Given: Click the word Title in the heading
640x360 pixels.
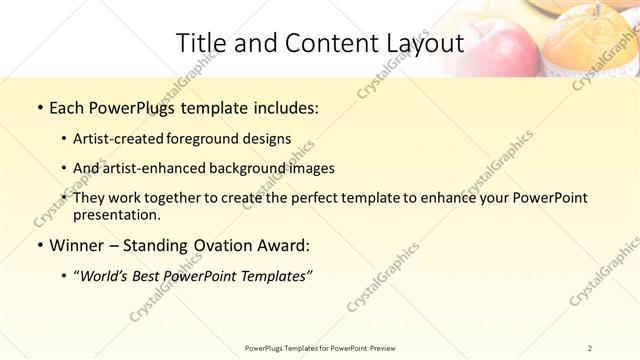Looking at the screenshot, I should pos(200,43).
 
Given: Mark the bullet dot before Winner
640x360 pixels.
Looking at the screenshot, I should pos(38,245).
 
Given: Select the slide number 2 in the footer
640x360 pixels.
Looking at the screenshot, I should pos(590,347).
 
